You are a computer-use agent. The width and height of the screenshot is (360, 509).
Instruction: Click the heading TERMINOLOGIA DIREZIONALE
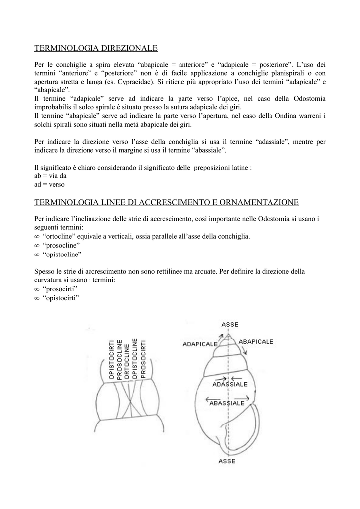95,48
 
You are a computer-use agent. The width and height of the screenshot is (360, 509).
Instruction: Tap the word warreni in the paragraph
309,116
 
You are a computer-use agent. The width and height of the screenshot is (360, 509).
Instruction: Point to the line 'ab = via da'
50,176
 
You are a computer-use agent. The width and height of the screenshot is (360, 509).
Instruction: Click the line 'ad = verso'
49,184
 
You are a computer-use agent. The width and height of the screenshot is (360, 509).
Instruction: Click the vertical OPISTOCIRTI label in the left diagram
112,360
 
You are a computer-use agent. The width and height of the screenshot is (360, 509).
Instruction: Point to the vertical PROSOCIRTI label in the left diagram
143,359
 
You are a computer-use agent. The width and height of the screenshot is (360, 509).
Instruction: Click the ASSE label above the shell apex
230,324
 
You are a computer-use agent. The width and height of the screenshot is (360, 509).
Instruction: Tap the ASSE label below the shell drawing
227,461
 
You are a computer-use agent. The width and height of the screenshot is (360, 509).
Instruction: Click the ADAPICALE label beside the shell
200,344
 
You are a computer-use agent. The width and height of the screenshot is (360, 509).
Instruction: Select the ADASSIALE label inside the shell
229,384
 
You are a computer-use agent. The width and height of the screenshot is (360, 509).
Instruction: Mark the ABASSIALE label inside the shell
227,403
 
